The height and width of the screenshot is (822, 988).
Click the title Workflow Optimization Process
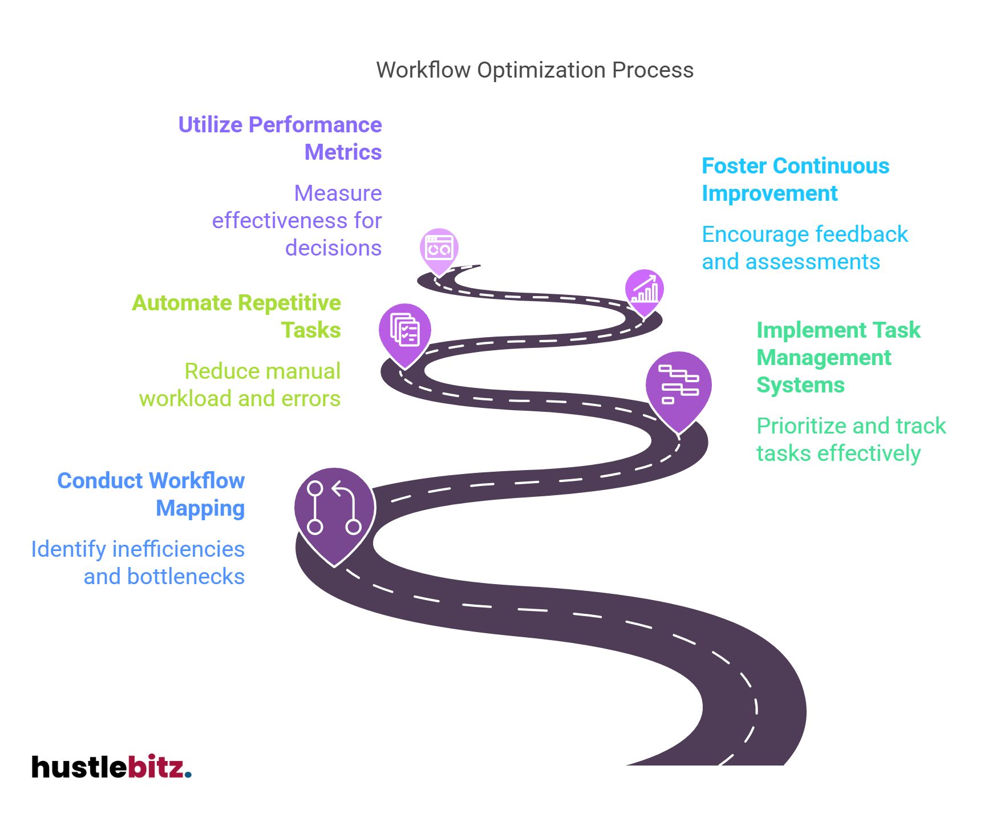[535, 70]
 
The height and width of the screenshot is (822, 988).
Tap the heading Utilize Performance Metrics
[280, 138]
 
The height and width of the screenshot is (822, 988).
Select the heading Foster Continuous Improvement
[795, 179]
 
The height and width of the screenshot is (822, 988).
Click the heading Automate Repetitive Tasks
[237, 316]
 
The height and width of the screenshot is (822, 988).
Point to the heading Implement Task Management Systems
[838, 357]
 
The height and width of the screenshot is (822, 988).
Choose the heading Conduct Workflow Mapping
[151, 494]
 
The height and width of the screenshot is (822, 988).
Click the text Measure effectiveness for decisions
[297, 220]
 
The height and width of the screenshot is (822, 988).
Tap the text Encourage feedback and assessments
[804, 248]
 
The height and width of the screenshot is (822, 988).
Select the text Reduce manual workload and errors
[240, 384]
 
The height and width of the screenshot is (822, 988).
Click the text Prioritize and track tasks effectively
[851, 439]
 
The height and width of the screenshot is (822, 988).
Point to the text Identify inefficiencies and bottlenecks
[138, 562]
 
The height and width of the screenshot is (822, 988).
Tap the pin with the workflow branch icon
[335, 510]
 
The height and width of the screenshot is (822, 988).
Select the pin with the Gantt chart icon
[678, 388]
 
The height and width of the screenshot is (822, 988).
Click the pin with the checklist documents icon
[404, 331]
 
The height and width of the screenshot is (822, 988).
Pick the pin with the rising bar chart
[644, 290]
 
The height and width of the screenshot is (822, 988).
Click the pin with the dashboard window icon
[439, 249]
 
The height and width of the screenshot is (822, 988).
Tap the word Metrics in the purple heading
[343, 152]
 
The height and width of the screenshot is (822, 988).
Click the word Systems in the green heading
[800, 385]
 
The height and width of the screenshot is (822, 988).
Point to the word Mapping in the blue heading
[200, 508]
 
